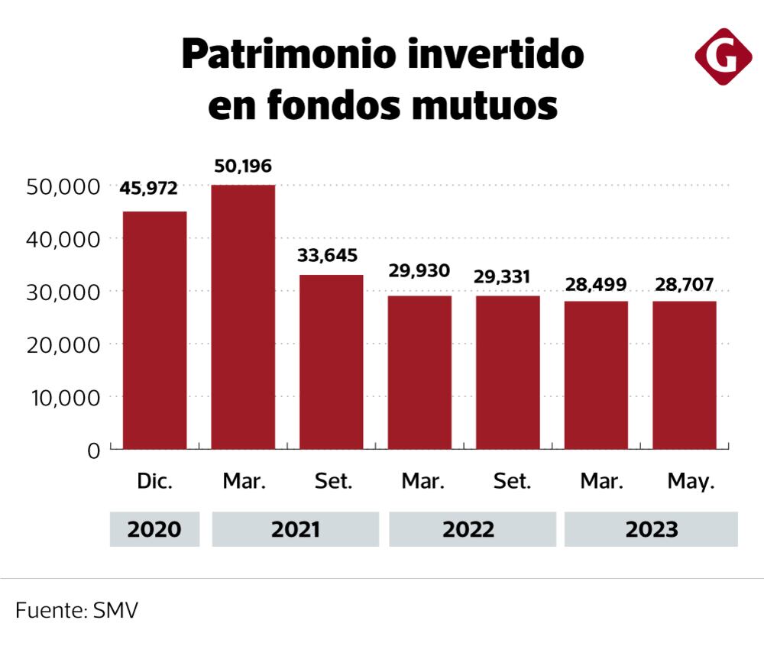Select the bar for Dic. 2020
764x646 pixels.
155,330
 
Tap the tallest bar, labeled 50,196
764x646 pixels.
243,317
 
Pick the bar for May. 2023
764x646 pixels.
685,375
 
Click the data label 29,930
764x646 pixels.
419,271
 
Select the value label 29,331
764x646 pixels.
507,276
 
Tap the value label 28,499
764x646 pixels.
596,285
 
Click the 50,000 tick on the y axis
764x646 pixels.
63,186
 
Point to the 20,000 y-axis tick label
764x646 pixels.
63,345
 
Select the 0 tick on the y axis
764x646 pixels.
93,451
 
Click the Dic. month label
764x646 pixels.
155,482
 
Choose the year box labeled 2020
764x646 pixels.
154,529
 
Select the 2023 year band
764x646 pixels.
651,529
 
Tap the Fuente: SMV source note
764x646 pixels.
76,611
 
